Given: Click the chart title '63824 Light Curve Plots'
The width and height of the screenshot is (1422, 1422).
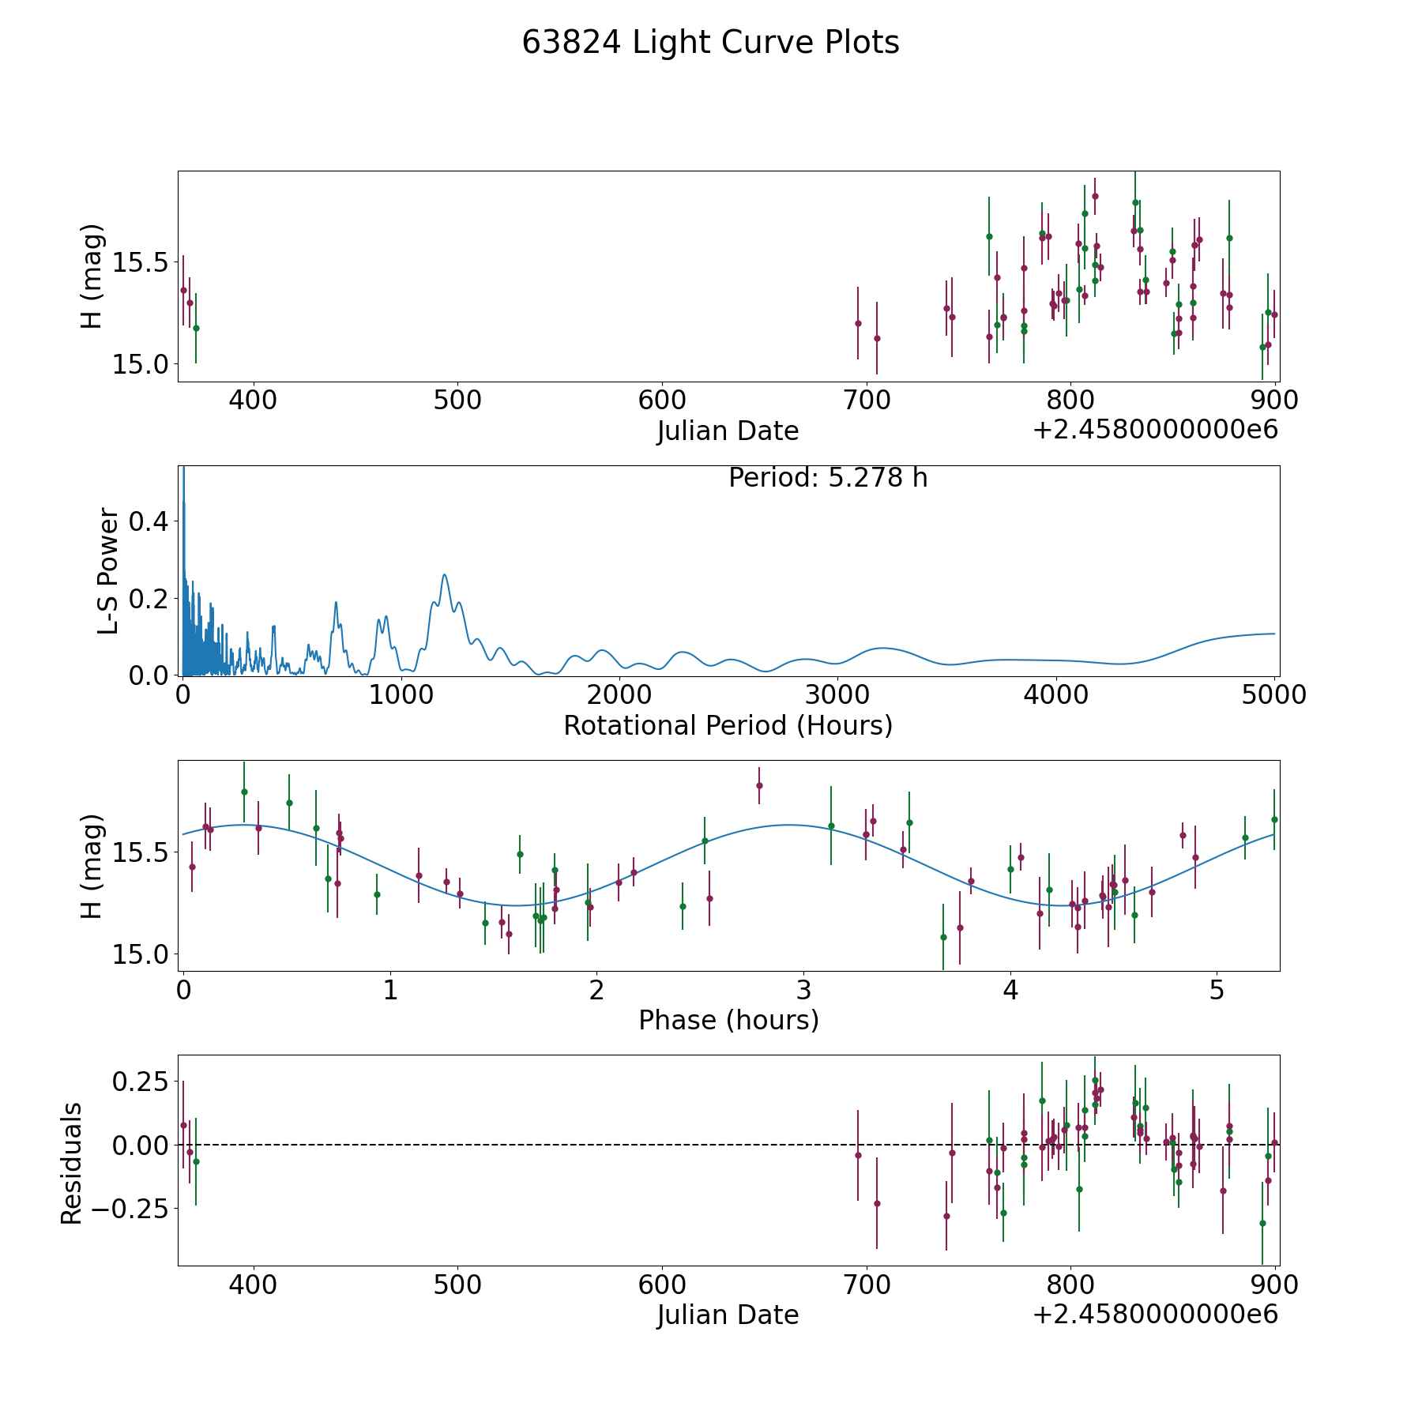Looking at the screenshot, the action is point(710,43).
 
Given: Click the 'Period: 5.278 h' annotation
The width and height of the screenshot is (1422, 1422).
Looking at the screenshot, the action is point(828,478).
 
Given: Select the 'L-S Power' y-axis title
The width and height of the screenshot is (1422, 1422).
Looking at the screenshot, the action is point(109,571).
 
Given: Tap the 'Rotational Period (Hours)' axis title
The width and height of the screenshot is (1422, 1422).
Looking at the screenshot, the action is point(728,725).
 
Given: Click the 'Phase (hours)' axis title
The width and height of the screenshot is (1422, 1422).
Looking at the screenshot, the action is point(728,1020).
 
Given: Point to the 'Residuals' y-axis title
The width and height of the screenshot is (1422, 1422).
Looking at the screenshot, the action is point(71,1163).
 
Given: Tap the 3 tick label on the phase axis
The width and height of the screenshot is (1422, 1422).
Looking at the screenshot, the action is point(803,991).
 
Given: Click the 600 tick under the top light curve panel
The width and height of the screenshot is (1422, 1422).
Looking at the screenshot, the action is point(661,401).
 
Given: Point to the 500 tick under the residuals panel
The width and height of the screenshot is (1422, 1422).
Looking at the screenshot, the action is point(457,1285).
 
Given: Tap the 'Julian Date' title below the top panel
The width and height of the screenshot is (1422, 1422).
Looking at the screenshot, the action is point(728,431).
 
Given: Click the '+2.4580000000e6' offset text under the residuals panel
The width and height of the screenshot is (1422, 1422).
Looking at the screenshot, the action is point(1155,1314).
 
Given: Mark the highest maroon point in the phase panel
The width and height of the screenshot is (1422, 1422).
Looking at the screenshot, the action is point(759,785).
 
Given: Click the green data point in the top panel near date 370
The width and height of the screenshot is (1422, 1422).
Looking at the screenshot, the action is point(196,328).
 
